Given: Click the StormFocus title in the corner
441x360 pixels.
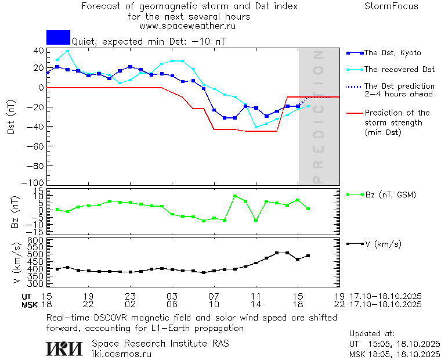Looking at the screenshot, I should coord(391,6).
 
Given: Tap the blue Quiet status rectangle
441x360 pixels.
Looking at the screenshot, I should coord(58,37).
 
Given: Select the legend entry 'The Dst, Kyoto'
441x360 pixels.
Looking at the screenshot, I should coord(392,53).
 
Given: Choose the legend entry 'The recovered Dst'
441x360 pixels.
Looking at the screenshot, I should coord(399,70).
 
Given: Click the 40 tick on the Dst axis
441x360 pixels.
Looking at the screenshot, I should coord(38,51).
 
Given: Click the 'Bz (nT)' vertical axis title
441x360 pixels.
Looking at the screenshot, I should coord(16,213).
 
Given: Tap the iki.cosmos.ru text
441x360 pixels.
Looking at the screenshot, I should coord(121,354).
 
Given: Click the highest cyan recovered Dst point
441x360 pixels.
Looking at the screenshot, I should coord(67,51).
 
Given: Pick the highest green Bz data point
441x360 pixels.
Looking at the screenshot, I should coord(235,196).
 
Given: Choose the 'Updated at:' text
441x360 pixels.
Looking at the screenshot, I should coord(372,334).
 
